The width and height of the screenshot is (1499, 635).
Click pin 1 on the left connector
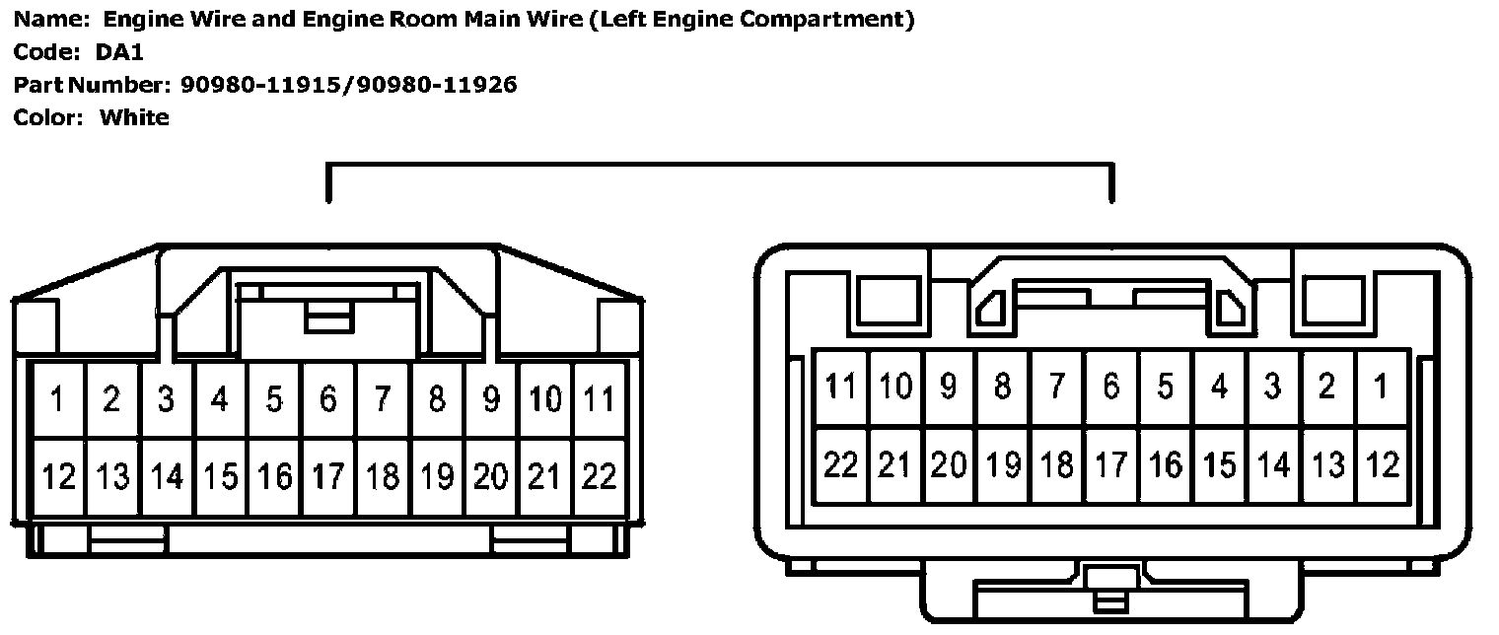58,399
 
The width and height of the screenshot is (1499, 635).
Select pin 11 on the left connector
599,399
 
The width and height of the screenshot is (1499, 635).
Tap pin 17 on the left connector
328,476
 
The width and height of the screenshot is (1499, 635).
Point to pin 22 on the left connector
599,476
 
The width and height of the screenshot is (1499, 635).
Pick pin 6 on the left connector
328,399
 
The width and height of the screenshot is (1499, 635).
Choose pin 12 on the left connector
58,476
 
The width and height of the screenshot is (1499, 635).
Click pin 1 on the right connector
1382,387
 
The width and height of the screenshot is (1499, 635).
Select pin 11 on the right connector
840,387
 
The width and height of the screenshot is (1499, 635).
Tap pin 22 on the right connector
840,464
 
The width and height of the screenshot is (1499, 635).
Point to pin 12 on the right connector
1382,464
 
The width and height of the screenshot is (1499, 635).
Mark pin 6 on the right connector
1110,387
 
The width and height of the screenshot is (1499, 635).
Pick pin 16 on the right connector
1165,464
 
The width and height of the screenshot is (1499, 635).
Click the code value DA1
119,52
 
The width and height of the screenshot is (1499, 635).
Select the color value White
134,118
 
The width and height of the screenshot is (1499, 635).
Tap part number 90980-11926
437,85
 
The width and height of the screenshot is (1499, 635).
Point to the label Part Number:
93,85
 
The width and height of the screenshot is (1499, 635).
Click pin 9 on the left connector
490,399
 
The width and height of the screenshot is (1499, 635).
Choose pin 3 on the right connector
1273,387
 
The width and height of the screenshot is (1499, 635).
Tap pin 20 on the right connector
949,464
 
